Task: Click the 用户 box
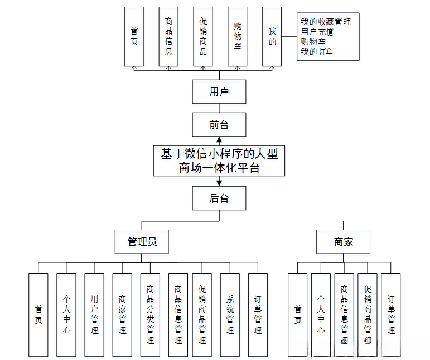[x=219, y=92]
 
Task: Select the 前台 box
[x=219, y=125]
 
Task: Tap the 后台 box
[x=219, y=198]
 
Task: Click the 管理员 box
[x=142, y=242]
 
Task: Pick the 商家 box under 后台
[x=344, y=242]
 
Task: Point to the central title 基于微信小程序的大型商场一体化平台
[x=219, y=160]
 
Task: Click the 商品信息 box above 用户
[x=168, y=37]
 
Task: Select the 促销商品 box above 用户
[x=203, y=37]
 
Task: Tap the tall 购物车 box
[x=238, y=37]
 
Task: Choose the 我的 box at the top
[x=272, y=37]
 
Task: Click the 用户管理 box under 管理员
[x=94, y=315]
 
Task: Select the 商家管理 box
[x=122, y=315]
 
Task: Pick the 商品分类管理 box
[x=150, y=315]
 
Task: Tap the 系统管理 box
[x=230, y=315]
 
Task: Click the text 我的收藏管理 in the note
[x=326, y=22]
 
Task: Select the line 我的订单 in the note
[x=317, y=52]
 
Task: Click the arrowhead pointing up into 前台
[x=219, y=140]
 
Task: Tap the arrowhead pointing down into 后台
[x=219, y=182]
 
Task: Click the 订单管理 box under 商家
[x=391, y=315]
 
